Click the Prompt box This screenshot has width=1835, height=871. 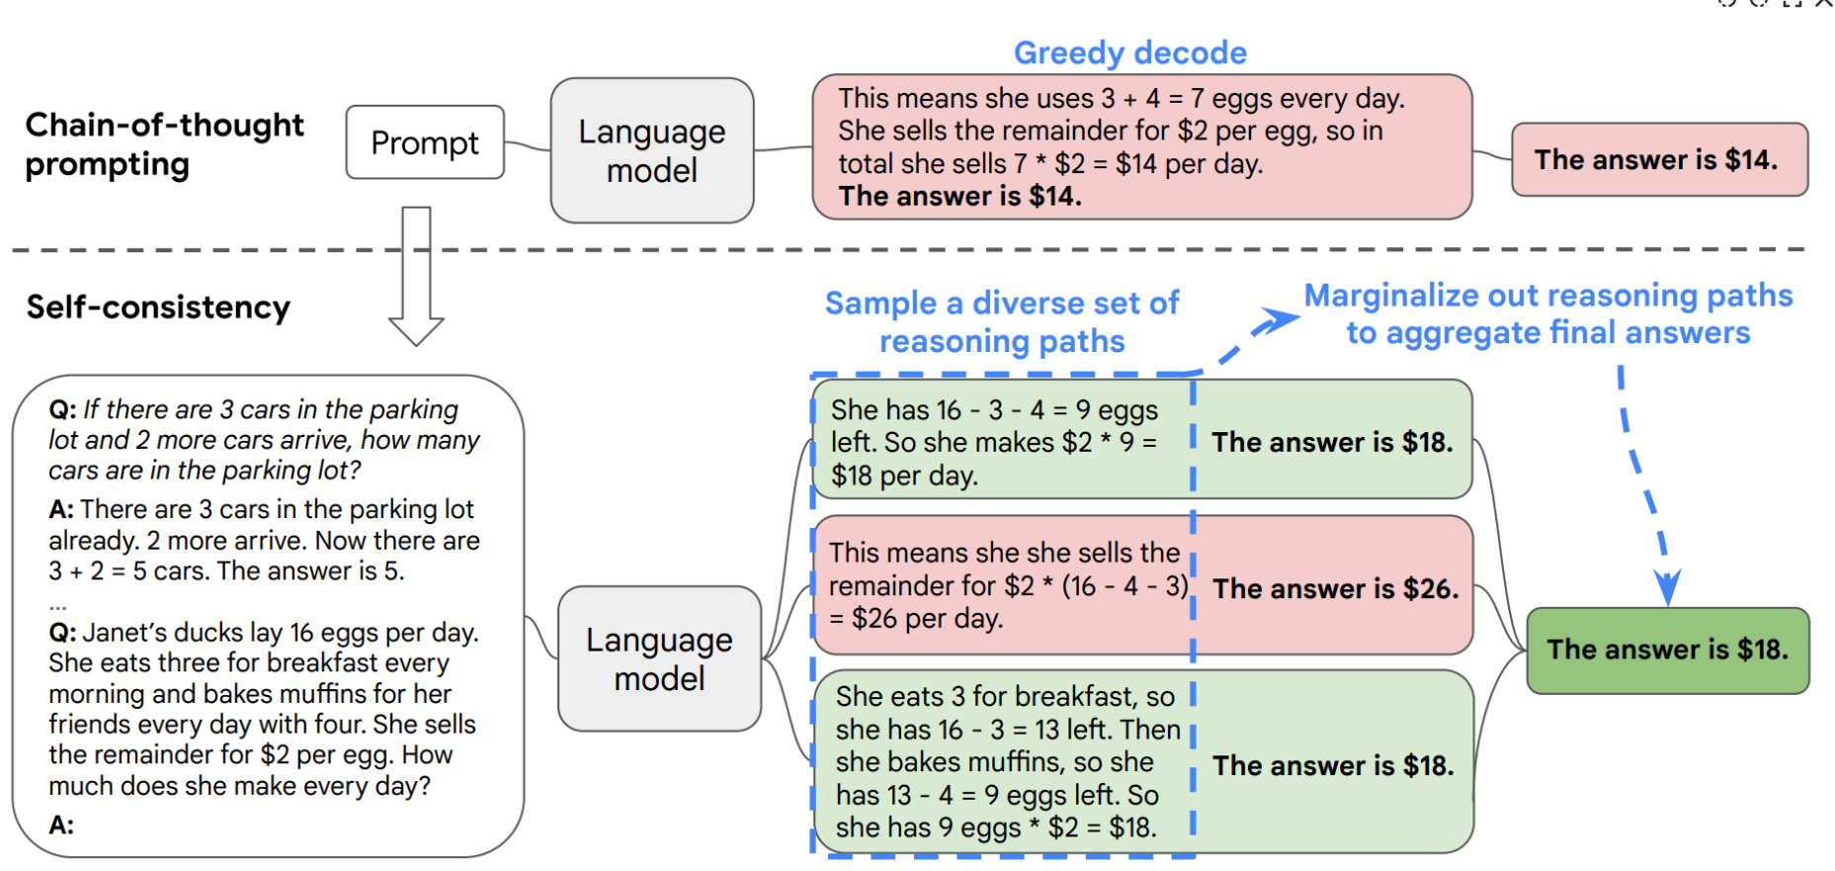point(425,142)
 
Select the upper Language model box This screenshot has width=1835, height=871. point(652,150)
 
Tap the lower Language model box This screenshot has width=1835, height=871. point(659,658)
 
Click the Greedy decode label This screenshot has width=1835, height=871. point(1130,52)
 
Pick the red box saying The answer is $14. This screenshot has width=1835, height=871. point(1660,159)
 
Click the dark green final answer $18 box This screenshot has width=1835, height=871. point(1668,650)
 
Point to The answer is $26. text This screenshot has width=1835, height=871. point(1336,588)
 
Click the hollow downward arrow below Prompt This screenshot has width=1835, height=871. point(416,277)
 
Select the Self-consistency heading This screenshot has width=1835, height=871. point(158,307)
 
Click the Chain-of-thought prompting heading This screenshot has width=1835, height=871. point(164,144)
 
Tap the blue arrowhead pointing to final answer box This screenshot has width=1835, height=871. point(1667,589)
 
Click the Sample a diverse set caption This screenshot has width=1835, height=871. point(1002,321)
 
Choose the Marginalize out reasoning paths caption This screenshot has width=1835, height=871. point(1548,313)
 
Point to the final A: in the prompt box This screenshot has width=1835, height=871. point(61,825)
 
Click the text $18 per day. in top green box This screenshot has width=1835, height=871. point(904,476)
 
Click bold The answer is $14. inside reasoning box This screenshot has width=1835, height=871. point(960,196)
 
